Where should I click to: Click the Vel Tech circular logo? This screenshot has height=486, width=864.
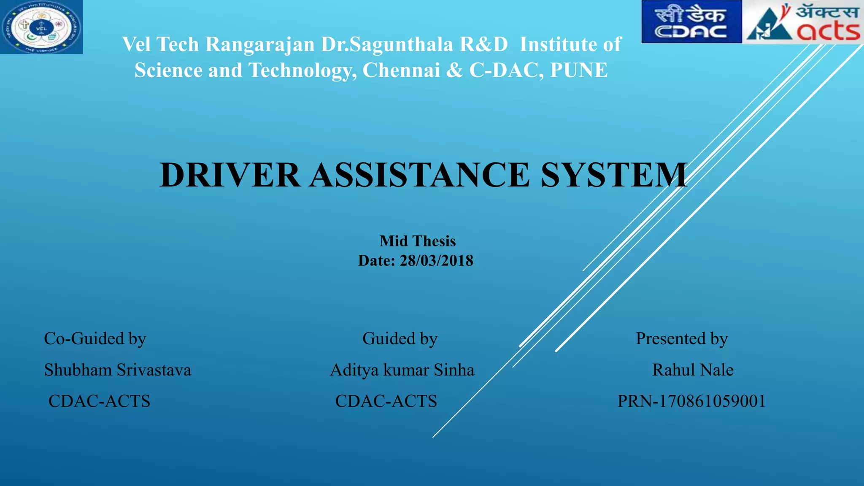pos(41,27)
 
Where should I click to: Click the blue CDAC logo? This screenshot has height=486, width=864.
pos(691,22)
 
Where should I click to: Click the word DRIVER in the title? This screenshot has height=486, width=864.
pos(230,175)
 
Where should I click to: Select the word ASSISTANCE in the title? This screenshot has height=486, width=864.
pos(420,175)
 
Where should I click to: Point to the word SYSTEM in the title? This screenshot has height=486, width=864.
pos(614,175)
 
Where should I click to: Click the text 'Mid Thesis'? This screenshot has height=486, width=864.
pos(417,241)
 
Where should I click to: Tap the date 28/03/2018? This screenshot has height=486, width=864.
pos(436,261)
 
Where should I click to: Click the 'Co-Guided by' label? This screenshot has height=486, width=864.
pos(95,339)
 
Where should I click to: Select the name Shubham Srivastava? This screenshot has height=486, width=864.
pos(118,370)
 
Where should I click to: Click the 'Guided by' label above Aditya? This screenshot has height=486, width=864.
pos(400,339)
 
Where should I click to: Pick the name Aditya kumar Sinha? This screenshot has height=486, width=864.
pos(402,370)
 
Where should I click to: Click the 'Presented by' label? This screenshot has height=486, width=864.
pos(681,339)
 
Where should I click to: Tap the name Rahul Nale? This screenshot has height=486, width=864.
pos(693,370)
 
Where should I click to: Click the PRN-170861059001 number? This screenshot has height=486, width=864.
pos(691,401)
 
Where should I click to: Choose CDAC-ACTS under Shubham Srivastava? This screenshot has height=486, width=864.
pos(99,401)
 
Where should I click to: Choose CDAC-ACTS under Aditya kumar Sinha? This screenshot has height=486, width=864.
pos(386,401)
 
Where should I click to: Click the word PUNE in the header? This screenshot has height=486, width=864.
pos(579,70)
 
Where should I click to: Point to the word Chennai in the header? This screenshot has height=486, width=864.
pos(401,70)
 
